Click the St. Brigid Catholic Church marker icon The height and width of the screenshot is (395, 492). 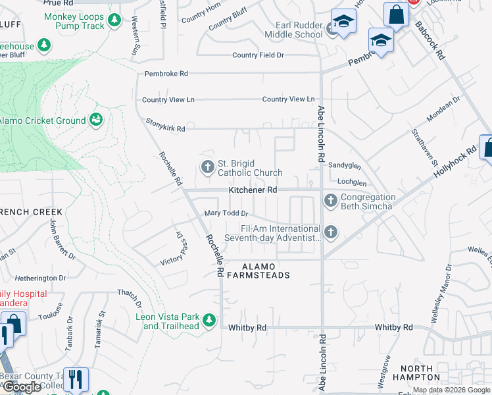pyautogui.click(x=208, y=167)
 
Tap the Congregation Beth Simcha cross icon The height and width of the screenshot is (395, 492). pyautogui.click(x=330, y=199)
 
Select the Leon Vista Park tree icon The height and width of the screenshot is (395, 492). pyautogui.click(x=209, y=321)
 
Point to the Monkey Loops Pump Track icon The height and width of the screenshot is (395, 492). pyautogui.click(x=115, y=20)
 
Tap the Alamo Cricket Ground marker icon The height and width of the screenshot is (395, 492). pyautogui.click(x=96, y=120)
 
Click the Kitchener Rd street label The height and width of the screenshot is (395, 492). pyautogui.click(x=253, y=190)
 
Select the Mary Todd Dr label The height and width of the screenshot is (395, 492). pyautogui.click(x=226, y=213)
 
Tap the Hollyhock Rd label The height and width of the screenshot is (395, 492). pyautogui.click(x=455, y=162)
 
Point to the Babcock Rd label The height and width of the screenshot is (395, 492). pyautogui.click(x=430, y=42)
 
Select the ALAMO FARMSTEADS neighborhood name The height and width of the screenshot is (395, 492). pyautogui.click(x=257, y=271)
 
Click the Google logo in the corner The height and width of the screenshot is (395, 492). pyautogui.click(x=22, y=387)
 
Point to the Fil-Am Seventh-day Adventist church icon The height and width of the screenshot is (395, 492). pyautogui.click(x=330, y=232)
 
